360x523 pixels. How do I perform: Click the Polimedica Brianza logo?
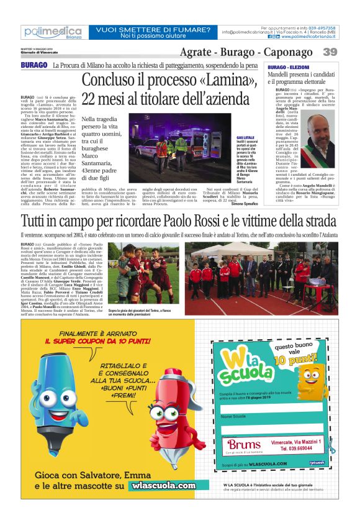(x=52, y=32)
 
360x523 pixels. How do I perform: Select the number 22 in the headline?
(x=94, y=99)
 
